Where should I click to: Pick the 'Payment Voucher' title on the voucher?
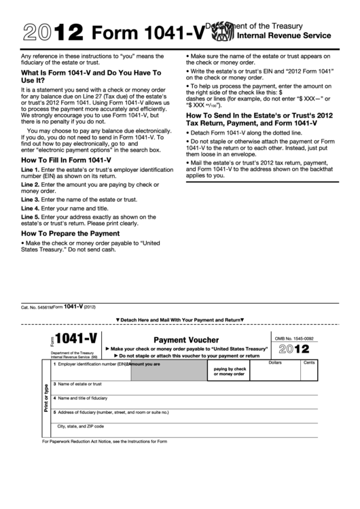coord(186,340)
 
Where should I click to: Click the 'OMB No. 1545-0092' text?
coord(294,337)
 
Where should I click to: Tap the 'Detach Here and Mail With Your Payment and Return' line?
coord(179,319)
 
